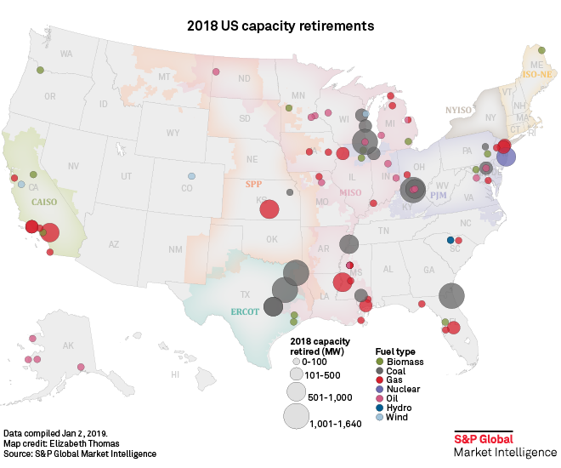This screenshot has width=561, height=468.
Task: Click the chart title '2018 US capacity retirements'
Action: point(280,26)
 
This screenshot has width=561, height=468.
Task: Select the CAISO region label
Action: point(44,202)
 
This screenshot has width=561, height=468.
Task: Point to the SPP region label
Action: point(252,184)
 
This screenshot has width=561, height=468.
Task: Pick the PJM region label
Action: point(439,196)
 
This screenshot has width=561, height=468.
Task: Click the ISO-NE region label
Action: point(536,75)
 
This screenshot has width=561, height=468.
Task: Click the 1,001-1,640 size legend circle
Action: point(296,416)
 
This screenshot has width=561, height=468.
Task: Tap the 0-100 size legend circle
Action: point(296,362)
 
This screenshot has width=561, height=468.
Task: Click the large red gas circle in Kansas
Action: point(269,209)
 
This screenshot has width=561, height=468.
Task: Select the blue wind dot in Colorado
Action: point(191,176)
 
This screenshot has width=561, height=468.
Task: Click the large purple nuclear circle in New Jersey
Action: point(506,157)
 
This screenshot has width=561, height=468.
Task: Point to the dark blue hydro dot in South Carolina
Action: point(450,240)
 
